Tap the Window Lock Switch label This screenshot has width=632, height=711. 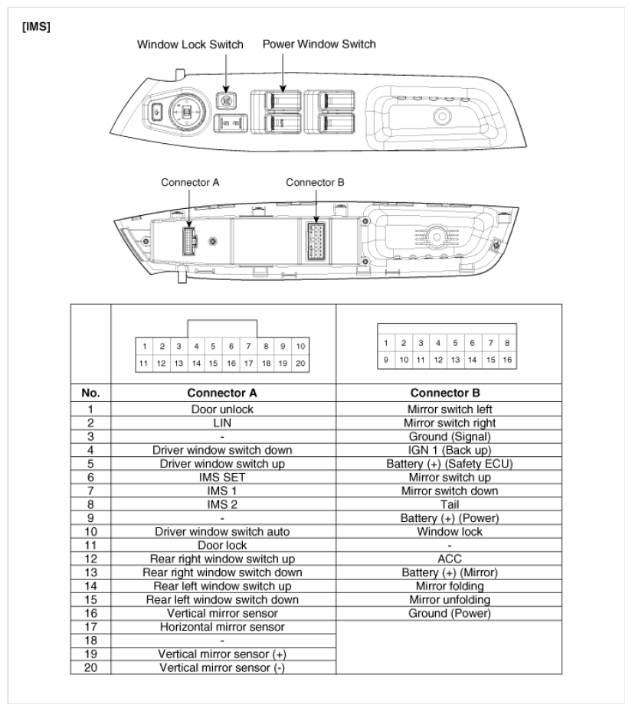tap(190, 44)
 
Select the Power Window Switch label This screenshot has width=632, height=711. tap(319, 44)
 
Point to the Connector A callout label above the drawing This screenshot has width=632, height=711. tap(190, 182)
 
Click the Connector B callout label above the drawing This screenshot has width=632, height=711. tap(315, 182)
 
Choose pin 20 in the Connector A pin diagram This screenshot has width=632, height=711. tap(300, 364)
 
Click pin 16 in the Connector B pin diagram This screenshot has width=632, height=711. tap(506, 358)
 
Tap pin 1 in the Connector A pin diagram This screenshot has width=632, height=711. tap(144, 347)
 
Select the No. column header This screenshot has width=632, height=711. tap(91, 393)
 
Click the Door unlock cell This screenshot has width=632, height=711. tap(222, 409)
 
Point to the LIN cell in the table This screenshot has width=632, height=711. tap(222, 422)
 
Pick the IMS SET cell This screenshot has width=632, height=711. tap(222, 477)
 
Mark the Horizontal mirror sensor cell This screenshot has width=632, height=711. tap(222, 627)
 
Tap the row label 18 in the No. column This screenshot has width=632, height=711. tap(91, 641)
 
